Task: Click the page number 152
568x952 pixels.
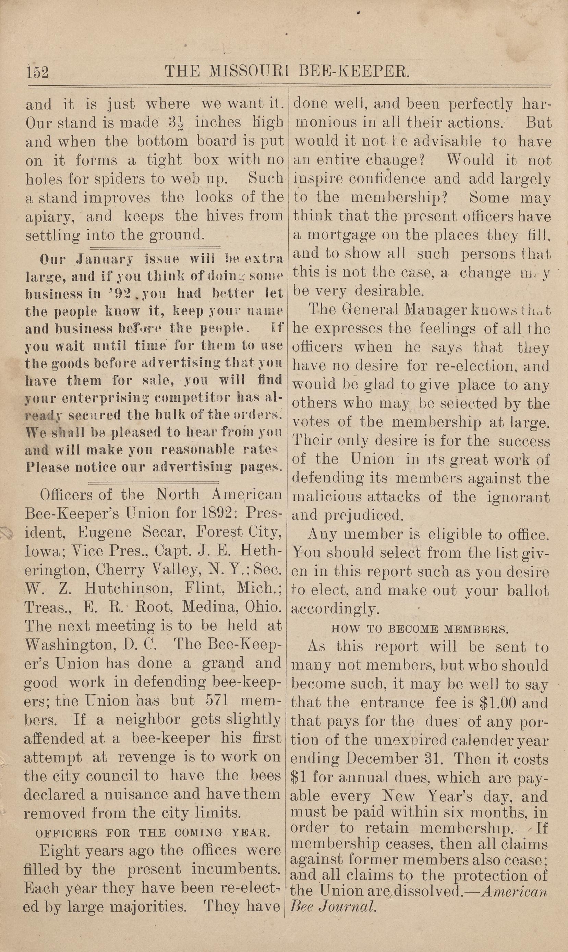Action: (37, 72)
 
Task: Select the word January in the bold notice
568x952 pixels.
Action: (105, 259)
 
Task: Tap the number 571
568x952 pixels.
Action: (217, 701)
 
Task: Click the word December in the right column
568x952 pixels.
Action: (411, 759)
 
